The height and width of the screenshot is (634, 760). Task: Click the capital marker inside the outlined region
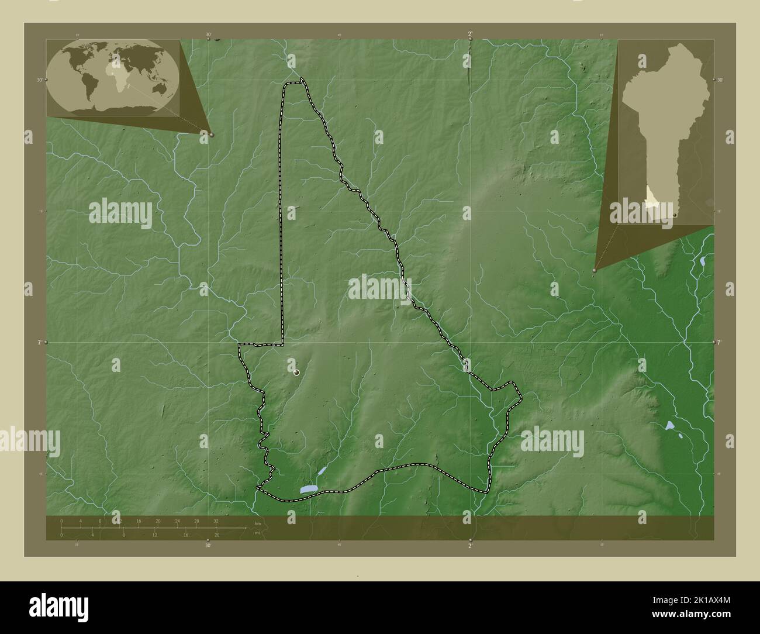coord(296,372)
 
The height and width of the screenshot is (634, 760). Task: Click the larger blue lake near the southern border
coord(309,489)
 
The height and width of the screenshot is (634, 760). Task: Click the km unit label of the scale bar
coord(258,523)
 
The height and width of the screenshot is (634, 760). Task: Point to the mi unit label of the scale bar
coord(257,533)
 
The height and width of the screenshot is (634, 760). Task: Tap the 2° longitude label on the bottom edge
coord(470,546)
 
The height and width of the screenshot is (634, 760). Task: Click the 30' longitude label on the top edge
coord(208,35)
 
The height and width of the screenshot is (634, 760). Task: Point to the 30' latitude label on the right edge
coord(720,80)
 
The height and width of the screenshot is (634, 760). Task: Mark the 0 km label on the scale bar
coord(61,521)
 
